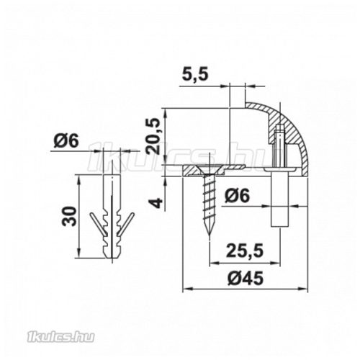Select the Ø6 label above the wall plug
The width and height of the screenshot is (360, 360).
66,142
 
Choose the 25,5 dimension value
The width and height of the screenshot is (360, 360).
243,251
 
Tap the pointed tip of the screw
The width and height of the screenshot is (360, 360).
208,235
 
